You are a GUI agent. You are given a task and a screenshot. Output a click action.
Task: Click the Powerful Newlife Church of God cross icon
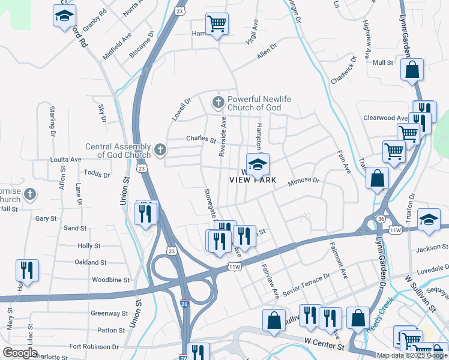point(217,103)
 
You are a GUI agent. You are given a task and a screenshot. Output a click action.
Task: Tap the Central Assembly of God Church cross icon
point(160,149)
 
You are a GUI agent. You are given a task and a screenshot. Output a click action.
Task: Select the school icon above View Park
point(258,164)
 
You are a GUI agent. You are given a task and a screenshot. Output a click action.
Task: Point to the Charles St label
point(200,139)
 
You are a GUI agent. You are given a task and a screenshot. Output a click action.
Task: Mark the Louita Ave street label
point(66,160)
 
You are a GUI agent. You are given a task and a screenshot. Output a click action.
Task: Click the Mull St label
point(382,62)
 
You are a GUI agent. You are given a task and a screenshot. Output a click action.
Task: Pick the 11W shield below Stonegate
point(234,266)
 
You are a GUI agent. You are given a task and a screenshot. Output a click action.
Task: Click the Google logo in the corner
point(20,353)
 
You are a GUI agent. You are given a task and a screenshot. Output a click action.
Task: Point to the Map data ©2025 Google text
point(411,355)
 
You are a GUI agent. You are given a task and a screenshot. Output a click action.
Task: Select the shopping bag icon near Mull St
point(413,70)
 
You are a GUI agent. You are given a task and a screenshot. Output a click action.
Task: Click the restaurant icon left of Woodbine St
point(27,271)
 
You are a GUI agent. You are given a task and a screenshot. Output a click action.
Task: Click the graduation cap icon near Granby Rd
point(64,17)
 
